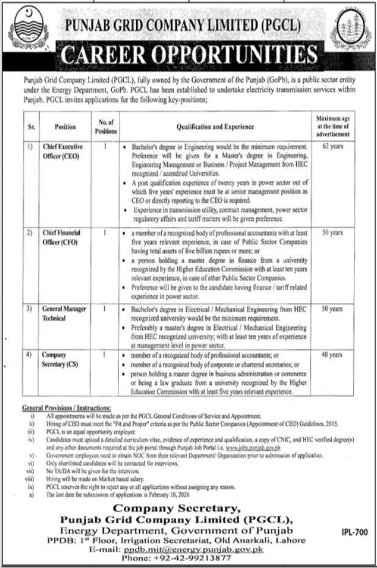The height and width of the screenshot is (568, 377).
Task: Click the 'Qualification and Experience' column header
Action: tap(215, 126)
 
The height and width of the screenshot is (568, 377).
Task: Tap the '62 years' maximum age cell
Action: tap(332, 147)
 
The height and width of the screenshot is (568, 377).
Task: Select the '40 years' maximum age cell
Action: tap(332, 354)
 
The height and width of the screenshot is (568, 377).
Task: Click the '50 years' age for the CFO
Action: tap(332, 233)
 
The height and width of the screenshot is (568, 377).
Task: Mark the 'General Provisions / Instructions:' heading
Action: tap(66, 407)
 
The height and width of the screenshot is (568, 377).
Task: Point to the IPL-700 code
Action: tap(354, 533)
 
